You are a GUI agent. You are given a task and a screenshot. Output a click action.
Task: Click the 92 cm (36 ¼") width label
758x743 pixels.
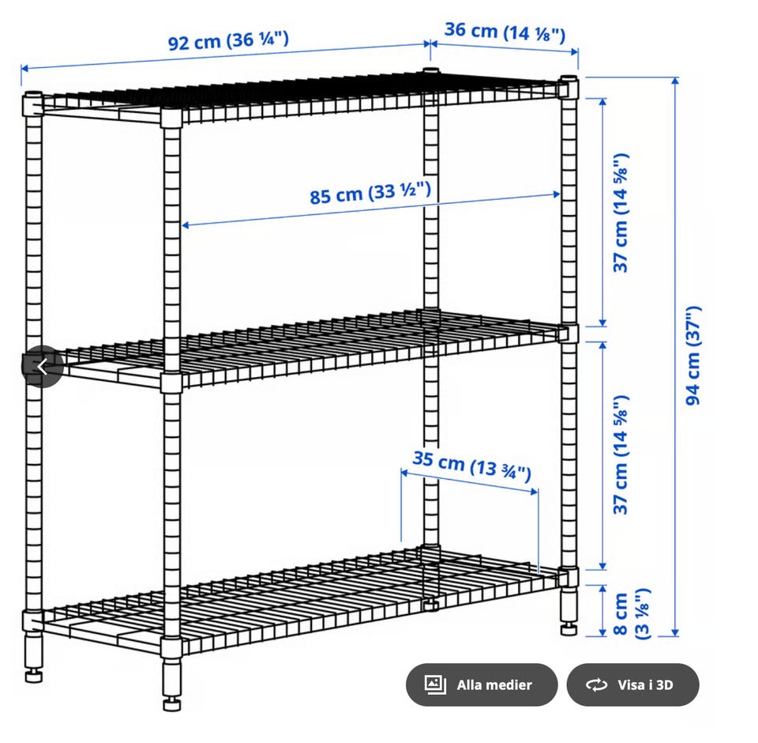tap(228, 40)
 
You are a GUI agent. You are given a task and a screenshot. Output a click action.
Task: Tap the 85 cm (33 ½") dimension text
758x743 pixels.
tap(370, 193)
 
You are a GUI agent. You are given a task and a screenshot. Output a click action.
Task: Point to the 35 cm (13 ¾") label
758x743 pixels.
tap(472, 466)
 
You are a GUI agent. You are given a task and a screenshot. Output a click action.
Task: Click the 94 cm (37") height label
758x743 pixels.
tap(692, 355)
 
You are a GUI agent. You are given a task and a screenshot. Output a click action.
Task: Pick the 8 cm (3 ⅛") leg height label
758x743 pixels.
tap(631, 613)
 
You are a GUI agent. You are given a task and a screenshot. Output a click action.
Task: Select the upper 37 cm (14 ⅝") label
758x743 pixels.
tap(621, 213)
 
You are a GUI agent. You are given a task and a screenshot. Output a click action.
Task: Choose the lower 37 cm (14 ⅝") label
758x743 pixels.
tap(621, 454)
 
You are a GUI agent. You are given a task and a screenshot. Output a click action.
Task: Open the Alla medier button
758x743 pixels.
tap(482, 685)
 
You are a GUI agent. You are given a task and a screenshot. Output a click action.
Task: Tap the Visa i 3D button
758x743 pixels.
tap(632, 685)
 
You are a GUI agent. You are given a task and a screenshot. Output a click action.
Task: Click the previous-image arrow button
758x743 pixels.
tap(43, 367)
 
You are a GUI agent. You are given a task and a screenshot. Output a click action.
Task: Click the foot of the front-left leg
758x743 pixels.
tap(33, 675)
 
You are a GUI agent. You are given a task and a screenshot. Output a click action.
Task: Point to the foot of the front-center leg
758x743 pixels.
tap(171, 703)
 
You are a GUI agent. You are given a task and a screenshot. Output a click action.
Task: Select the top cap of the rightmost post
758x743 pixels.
tap(569, 78)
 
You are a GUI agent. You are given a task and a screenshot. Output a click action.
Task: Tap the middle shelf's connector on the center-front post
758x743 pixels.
tap(171, 382)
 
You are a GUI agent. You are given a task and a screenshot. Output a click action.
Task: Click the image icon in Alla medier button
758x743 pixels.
tap(434, 685)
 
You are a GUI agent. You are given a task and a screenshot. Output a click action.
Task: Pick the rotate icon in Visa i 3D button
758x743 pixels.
tap(596, 685)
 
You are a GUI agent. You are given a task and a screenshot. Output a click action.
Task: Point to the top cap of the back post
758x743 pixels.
tap(431, 70)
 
